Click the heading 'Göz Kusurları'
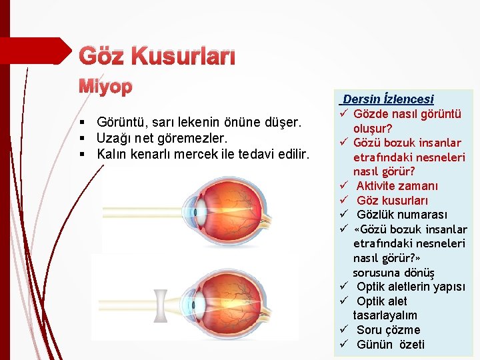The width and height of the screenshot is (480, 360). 157,57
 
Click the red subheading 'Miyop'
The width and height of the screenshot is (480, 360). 107,87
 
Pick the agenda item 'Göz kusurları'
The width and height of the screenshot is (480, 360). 392,200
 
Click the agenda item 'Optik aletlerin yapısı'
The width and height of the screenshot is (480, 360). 411,287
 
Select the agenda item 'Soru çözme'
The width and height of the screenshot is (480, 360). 388,330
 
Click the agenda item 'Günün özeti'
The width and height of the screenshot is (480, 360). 390,345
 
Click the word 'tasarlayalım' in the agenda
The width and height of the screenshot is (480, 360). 385,315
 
